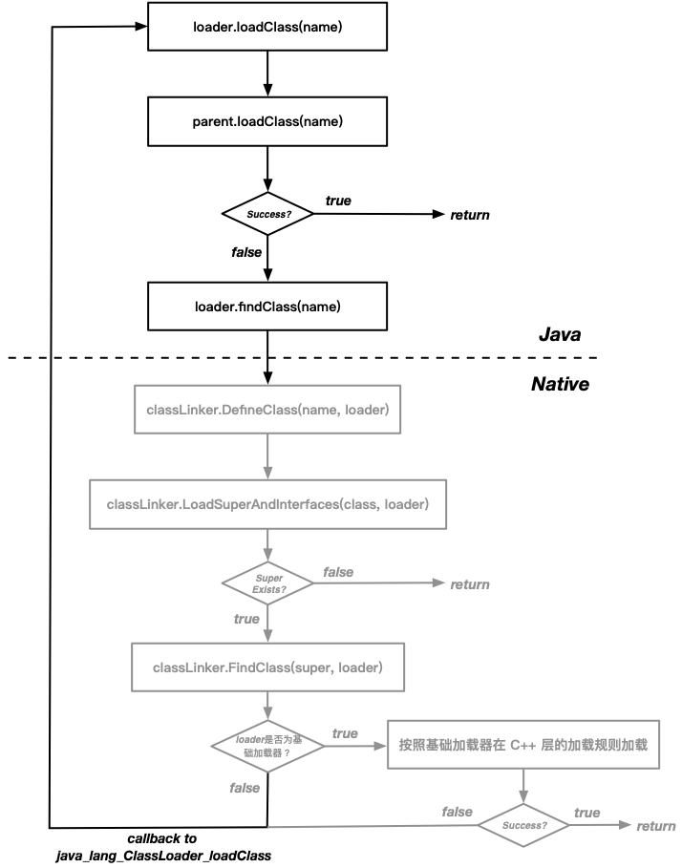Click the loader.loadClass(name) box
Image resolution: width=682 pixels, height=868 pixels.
point(267,27)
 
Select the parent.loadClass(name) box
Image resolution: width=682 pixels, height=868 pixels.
point(267,121)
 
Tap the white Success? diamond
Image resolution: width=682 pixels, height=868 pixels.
point(267,215)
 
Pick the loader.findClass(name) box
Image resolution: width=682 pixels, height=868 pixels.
point(267,307)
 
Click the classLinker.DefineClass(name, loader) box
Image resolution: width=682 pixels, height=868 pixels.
point(267,410)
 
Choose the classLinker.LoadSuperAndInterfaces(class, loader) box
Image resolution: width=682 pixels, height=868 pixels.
point(267,503)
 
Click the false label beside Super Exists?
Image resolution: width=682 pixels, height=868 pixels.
point(338,572)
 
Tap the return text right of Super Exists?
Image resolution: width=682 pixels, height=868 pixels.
point(470,583)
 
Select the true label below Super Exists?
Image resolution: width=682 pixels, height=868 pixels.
point(246,619)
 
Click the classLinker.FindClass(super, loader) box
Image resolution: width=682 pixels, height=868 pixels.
point(267,667)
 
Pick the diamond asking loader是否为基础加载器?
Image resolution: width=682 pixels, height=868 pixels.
point(267,746)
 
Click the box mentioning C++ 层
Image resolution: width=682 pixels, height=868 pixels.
point(523,745)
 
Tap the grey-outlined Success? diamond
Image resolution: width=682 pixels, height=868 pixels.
point(523,825)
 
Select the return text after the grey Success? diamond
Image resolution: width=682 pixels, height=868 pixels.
point(656,826)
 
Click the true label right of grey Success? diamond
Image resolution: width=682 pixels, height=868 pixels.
point(586,813)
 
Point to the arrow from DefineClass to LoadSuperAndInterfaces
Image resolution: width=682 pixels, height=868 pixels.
point(267,456)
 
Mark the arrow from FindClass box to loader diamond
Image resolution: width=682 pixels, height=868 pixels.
point(267,706)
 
